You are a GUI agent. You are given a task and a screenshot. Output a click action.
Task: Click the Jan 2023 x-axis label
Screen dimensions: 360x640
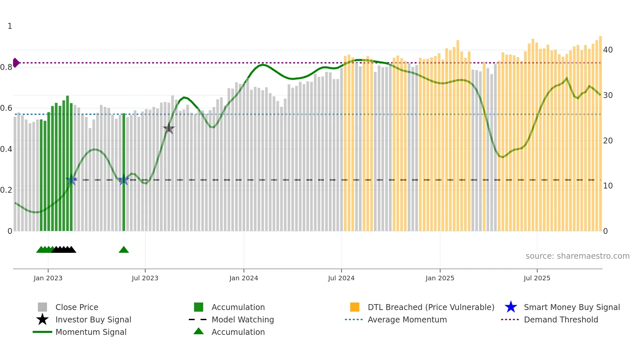[48, 278]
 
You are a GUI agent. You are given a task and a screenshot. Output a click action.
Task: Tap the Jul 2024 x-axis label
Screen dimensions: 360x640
[341, 278]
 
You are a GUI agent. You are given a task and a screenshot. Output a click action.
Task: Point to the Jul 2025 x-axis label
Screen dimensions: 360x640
[537, 278]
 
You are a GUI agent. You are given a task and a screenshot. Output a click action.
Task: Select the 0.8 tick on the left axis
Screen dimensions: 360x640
[6, 67]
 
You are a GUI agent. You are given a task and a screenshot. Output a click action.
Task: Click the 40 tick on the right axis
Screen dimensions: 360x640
[608, 50]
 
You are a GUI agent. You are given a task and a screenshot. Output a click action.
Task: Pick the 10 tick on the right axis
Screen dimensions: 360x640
[608, 186]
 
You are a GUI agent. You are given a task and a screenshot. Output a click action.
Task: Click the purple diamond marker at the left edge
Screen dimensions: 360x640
[16, 63]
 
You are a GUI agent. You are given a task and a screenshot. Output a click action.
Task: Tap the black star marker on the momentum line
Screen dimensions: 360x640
[168, 129]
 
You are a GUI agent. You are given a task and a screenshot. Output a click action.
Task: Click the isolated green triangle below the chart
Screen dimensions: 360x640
[124, 250]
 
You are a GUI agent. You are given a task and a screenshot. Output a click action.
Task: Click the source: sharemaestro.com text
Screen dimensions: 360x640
[577, 256]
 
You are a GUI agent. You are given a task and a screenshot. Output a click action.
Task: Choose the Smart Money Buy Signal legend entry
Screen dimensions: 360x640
[571, 307]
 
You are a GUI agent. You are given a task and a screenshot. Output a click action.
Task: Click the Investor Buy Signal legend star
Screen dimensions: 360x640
[42, 319]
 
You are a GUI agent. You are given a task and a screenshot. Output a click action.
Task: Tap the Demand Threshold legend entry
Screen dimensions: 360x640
[561, 319]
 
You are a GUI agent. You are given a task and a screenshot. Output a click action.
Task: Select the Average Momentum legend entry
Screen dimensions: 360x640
[407, 319]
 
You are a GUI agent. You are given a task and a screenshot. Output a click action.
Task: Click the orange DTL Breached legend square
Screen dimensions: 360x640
[355, 307]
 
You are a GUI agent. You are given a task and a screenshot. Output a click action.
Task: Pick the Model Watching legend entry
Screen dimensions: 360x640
[242, 319]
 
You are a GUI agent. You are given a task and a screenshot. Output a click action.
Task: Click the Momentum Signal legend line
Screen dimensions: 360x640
[42, 332]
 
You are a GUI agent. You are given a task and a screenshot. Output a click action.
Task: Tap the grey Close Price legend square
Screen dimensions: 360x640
[42, 307]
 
